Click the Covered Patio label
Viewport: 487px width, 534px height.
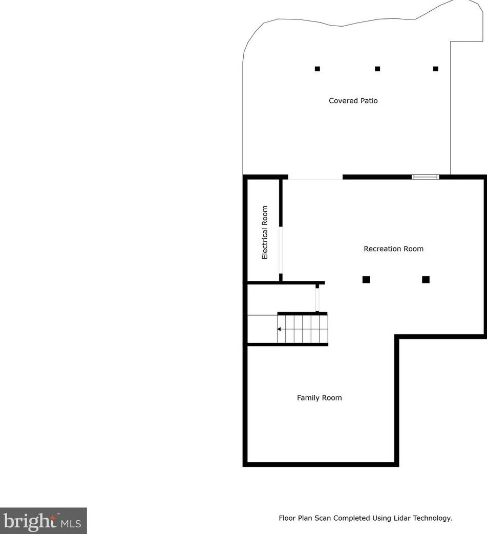tap(353, 101)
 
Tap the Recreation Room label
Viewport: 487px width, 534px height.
tap(393, 249)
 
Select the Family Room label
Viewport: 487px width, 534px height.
tap(319, 397)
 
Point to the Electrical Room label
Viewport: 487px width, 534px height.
tap(265, 232)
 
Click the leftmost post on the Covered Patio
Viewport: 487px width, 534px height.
tap(317, 69)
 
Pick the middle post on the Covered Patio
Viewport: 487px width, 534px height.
tap(377, 69)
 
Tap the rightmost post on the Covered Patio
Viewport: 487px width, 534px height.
tap(436, 69)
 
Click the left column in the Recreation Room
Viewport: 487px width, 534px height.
tap(366, 279)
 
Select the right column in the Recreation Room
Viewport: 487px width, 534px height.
tap(426, 279)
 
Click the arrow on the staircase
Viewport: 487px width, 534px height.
tap(280, 329)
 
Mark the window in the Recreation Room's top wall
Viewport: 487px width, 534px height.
tap(426, 177)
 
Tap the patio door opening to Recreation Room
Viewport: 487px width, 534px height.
tap(315, 177)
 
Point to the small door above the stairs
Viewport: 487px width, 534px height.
tap(317, 298)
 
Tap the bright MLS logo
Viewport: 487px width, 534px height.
tap(43, 521)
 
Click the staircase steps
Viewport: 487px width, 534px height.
tap(302, 329)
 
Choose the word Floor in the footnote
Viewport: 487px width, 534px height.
tap(287, 518)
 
